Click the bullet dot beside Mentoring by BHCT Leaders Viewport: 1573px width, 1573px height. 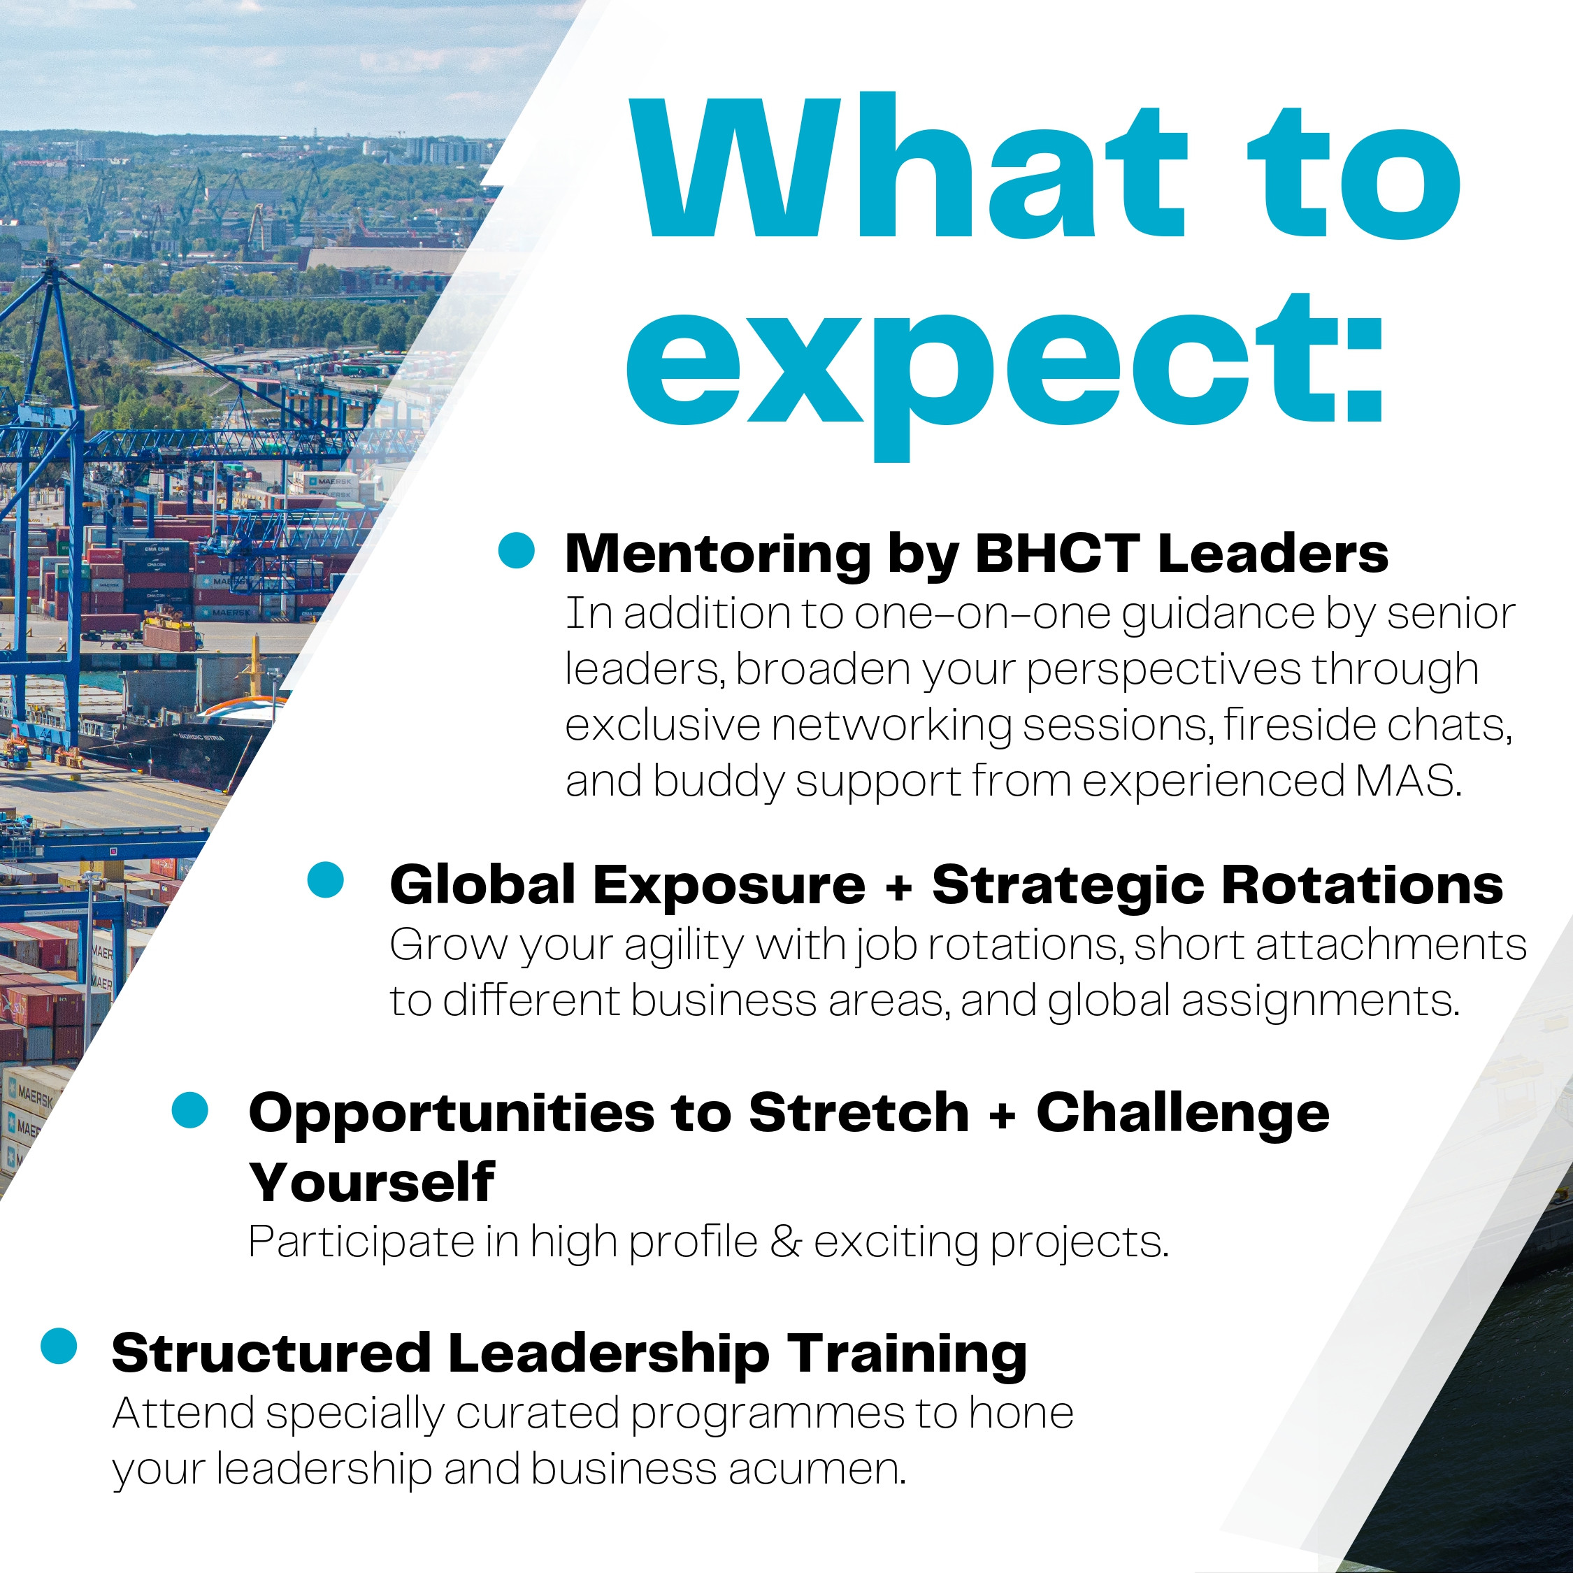(516, 550)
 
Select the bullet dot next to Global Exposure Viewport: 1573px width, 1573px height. (326, 881)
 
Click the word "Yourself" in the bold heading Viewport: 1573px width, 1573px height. (372, 1182)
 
